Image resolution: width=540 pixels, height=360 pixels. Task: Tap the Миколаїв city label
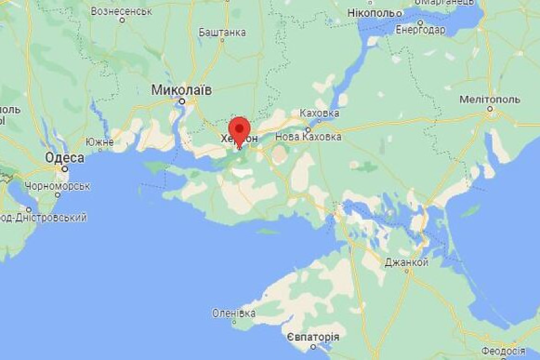(x=181, y=90)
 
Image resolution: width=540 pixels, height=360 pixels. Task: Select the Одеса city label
(x=65, y=158)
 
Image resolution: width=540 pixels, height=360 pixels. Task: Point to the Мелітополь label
(x=489, y=100)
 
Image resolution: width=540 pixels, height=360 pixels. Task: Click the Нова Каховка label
(x=308, y=136)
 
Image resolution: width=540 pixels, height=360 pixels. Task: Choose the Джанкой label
(x=407, y=262)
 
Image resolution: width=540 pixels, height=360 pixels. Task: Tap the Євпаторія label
(x=313, y=337)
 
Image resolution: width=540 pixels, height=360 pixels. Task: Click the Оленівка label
(x=233, y=312)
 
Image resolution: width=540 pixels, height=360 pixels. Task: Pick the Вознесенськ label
(x=121, y=11)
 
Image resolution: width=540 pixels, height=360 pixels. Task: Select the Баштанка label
(x=222, y=32)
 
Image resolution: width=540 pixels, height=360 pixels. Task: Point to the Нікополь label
(x=375, y=13)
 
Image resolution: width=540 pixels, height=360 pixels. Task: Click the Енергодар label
(x=420, y=29)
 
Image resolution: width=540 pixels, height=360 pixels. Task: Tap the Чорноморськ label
(x=58, y=186)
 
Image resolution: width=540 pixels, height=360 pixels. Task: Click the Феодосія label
(x=503, y=351)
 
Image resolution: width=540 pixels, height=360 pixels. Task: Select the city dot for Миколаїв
(x=182, y=101)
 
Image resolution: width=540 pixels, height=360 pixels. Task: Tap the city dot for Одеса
(x=64, y=168)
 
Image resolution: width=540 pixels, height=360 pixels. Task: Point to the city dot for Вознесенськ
(x=123, y=20)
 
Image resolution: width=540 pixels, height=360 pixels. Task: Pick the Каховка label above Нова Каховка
(x=320, y=113)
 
